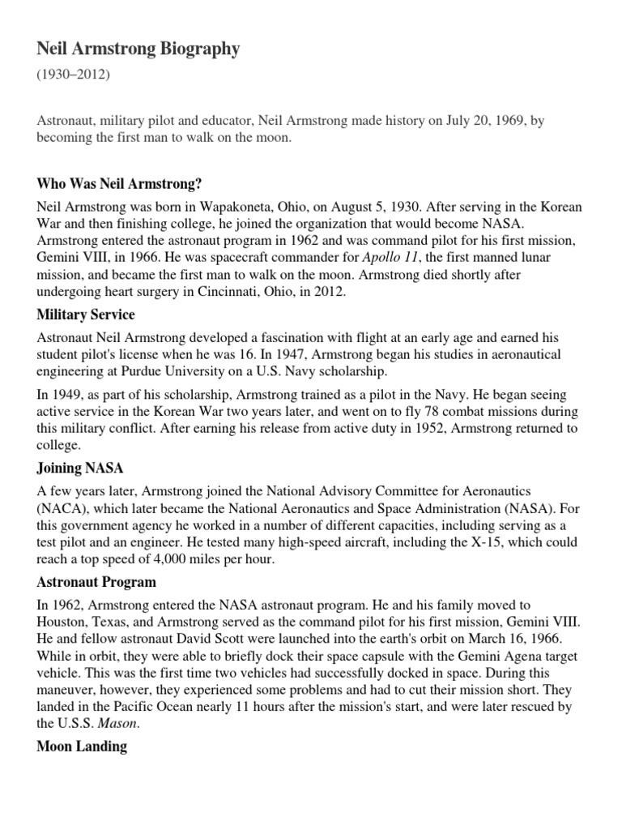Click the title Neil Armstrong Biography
click(x=138, y=49)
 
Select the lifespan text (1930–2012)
click(x=72, y=75)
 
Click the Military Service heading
click(x=86, y=314)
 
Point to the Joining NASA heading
click(x=80, y=468)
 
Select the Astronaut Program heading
click(x=96, y=582)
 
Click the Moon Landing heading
click(x=82, y=747)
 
